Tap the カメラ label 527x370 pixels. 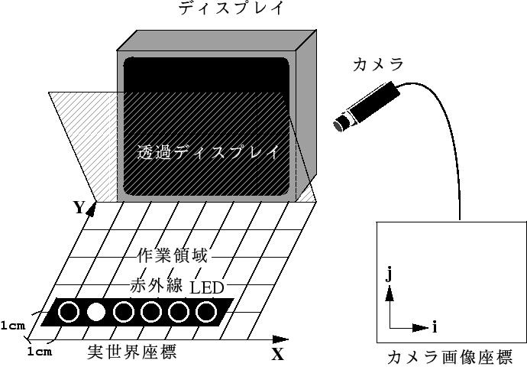378,65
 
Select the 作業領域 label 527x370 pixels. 171,255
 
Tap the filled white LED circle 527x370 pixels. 96,312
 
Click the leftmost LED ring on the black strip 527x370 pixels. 69,312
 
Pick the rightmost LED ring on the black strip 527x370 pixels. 206,312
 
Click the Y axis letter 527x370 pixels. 78,207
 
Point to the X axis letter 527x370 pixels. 277,354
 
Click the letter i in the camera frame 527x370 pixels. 435,327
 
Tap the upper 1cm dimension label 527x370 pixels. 13,326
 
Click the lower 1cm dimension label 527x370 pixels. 39,352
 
